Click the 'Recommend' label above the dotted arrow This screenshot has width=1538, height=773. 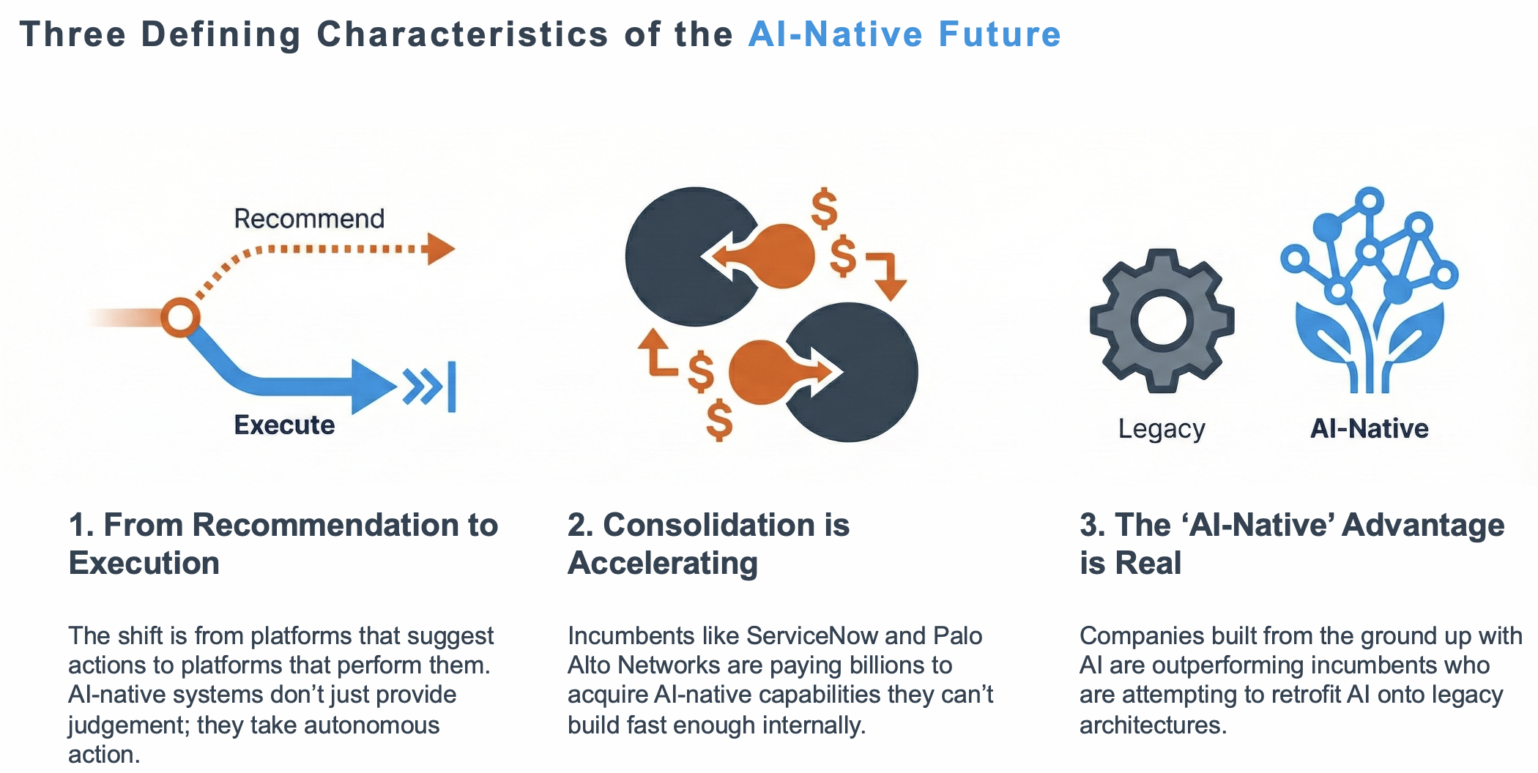(309, 219)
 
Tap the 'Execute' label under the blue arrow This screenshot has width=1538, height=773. (284, 425)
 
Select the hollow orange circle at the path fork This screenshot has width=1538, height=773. (179, 318)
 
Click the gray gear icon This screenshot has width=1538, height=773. (1162, 321)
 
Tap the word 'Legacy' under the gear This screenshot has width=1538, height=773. (1162, 429)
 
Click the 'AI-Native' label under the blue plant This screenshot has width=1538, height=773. (1369, 429)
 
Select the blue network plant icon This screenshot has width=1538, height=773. (1369, 293)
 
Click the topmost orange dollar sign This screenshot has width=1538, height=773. (825, 208)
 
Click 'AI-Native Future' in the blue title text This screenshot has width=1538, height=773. (904, 34)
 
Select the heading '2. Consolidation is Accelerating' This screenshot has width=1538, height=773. (707, 544)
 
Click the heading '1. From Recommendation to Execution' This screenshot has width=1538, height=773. (283, 544)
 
